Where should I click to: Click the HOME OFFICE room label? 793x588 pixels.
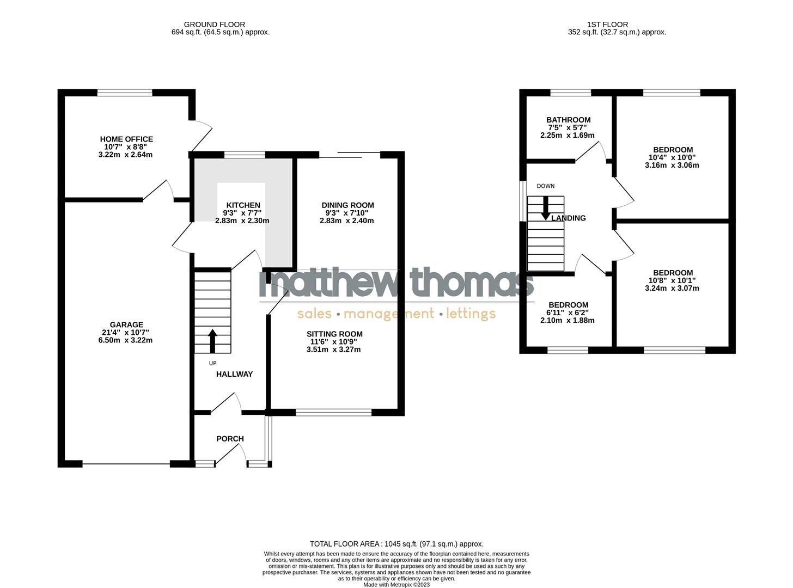(126, 139)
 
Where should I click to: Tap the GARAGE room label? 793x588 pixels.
(126, 325)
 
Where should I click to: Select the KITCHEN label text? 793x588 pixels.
(243, 205)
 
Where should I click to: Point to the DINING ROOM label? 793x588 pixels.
(347, 205)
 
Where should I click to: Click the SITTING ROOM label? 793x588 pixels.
(334, 334)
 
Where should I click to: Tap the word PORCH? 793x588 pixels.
(230, 439)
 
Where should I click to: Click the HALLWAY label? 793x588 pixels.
(234, 374)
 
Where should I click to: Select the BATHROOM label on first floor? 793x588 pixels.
(568, 120)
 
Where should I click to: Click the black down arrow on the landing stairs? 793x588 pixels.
(545, 209)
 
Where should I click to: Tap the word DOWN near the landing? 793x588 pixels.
(545, 186)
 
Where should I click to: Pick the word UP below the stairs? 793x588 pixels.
(212, 363)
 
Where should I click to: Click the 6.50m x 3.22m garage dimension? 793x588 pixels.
(125, 340)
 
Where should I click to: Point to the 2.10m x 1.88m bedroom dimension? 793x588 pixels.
(567, 321)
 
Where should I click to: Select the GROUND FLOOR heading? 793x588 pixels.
(214, 24)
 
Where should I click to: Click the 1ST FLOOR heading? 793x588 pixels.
(607, 24)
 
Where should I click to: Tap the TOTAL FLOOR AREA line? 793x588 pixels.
(396, 544)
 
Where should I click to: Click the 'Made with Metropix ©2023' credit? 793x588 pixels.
(396, 585)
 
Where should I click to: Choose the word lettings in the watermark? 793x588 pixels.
(471, 314)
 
